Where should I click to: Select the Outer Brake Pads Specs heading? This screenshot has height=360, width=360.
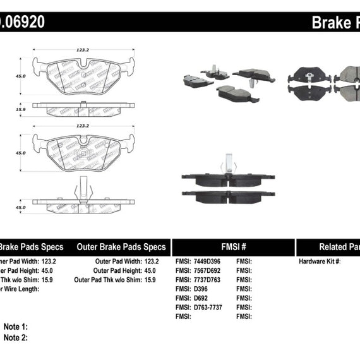coord(121,247)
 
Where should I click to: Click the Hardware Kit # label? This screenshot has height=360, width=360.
coord(320,261)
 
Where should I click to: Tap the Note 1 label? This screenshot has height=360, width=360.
coord(16,327)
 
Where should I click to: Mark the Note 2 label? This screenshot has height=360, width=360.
coord(16,338)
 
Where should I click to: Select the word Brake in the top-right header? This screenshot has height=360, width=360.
coord(329,23)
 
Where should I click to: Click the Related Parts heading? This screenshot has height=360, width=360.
coord(339,247)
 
